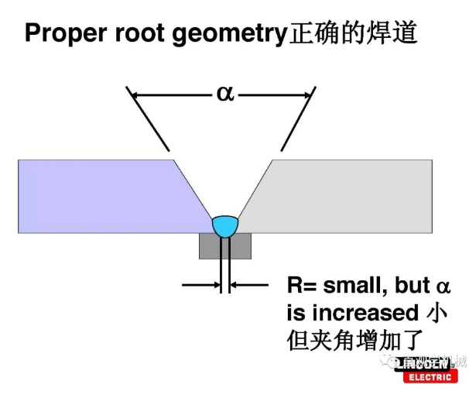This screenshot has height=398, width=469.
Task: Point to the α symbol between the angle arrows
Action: point(224,94)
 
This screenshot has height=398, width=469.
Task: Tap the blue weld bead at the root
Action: point(226,225)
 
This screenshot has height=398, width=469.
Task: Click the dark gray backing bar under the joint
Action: point(224,246)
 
